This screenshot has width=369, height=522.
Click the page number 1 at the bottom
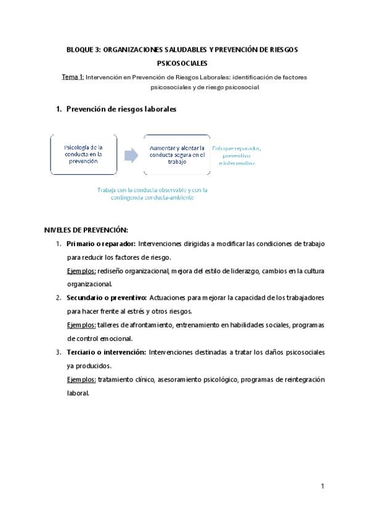pyautogui.click(x=322, y=486)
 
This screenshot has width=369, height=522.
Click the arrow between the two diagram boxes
pyautogui.click(x=131, y=155)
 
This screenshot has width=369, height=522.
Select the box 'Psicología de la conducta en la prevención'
pyautogui.click(x=83, y=153)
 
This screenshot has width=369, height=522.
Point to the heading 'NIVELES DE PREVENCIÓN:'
pyautogui.click(x=86, y=230)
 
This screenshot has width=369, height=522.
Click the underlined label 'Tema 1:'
pyautogui.click(x=72, y=78)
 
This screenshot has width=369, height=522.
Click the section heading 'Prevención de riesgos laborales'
pyautogui.click(x=121, y=109)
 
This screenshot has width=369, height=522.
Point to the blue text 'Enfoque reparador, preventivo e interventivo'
pyautogui.click(x=237, y=155)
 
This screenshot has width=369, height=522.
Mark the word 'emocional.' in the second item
pyautogui.click(x=115, y=338)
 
